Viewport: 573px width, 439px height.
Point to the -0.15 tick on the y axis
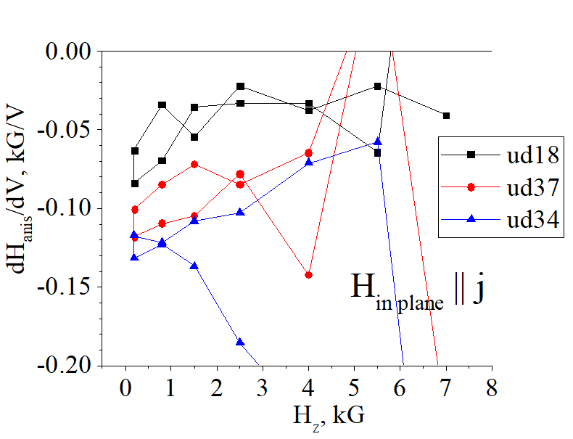[x=70, y=287]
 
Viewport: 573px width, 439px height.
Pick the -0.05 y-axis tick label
[x=70, y=130]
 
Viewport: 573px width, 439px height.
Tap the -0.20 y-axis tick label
[x=70, y=366]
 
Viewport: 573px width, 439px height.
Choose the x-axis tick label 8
[x=492, y=388]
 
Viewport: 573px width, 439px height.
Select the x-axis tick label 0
[x=125, y=388]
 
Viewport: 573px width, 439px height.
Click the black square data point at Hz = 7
[x=446, y=115]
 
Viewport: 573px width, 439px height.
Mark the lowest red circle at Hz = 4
[x=309, y=275]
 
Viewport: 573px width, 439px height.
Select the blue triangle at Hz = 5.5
[x=377, y=141]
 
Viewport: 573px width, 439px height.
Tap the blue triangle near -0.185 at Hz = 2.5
[x=240, y=342]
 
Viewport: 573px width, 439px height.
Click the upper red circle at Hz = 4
[x=309, y=153]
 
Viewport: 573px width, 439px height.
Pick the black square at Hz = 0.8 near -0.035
[x=162, y=105]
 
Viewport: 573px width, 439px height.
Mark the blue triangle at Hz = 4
[x=309, y=162]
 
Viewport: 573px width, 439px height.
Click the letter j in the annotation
[x=478, y=290]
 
